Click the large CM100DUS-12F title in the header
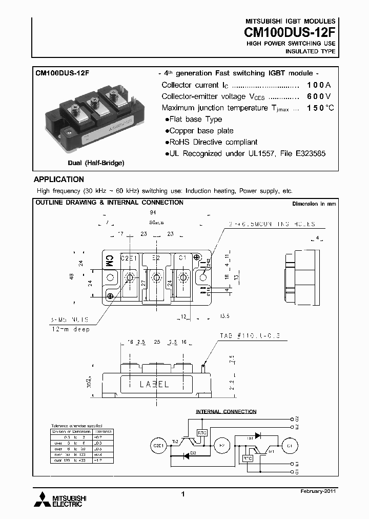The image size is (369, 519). [x=290, y=31]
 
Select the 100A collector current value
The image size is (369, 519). [x=319, y=85]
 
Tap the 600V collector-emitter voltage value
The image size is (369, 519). [x=319, y=96]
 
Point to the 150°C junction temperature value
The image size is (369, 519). [x=320, y=108]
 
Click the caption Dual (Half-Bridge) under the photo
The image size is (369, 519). [x=96, y=163]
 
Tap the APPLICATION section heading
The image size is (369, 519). [x=58, y=179]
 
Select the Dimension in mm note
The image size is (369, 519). [x=314, y=204]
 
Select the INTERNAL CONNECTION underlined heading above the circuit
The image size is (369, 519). [x=226, y=412]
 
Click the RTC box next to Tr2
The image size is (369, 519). [x=202, y=432]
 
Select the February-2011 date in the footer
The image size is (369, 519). [x=318, y=491]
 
